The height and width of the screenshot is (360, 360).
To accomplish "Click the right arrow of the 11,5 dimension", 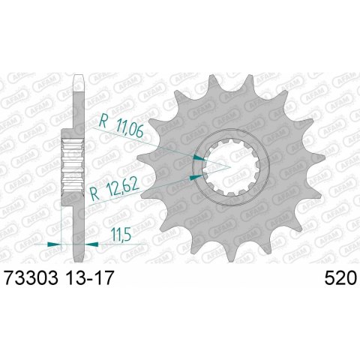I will (x=91, y=244).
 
